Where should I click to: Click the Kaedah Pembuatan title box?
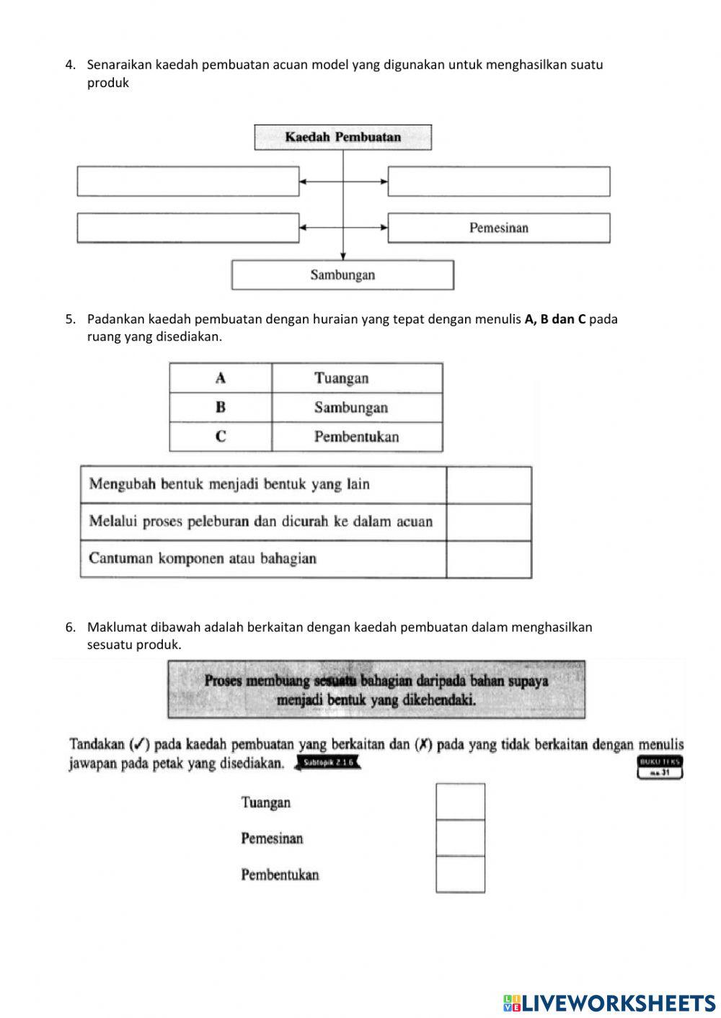pos(342,137)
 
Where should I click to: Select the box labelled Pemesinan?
pos(499,228)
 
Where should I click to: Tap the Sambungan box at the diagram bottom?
pos(342,274)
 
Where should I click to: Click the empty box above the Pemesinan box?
pos(499,182)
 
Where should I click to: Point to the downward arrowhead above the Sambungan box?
pos(343,256)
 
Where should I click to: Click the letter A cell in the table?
pos(221,378)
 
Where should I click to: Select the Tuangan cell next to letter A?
pos(357,378)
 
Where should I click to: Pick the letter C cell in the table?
pos(221,437)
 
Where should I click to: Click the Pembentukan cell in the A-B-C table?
pos(357,437)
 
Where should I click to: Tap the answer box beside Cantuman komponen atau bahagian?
pos(489,559)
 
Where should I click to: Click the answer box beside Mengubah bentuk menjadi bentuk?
pos(489,485)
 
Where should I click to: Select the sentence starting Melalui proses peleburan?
pos(261,522)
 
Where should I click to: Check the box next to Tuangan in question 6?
pos(460,802)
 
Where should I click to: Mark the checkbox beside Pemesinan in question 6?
pos(460,838)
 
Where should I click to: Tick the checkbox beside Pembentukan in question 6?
pos(460,875)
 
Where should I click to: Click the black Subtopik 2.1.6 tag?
pos(328,763)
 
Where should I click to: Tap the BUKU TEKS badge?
pos(660,767)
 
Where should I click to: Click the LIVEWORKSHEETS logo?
pos(609,1002)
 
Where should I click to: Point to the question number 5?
pos(70,318)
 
